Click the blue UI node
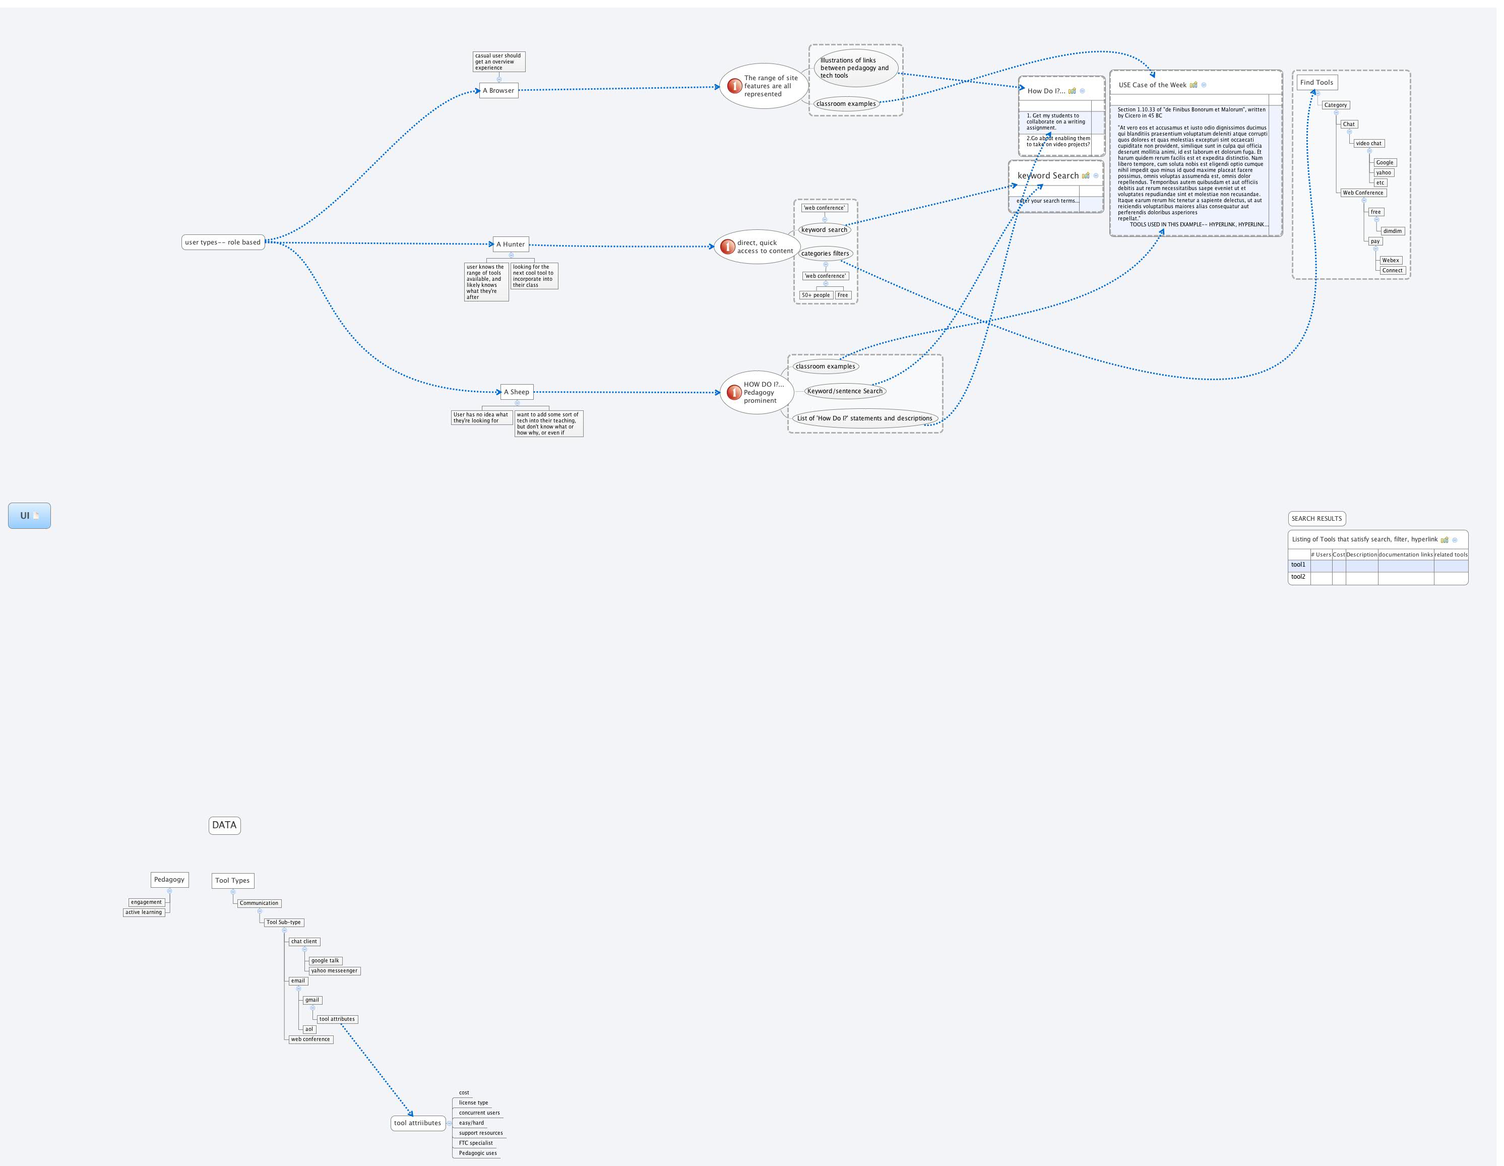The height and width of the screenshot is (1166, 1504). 29,516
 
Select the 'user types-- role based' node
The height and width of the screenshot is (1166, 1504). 223,242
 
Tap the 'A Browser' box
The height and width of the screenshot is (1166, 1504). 498,90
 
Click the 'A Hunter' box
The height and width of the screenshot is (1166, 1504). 511,244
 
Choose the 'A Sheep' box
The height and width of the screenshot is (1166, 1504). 517,392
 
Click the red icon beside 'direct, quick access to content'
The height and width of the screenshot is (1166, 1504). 727,247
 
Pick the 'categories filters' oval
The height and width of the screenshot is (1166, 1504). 825,254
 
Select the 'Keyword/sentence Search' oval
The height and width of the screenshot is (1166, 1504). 844,391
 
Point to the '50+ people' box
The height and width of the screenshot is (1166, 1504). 816,295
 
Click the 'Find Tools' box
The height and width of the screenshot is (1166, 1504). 1317,83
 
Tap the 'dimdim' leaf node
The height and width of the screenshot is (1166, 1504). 1393,231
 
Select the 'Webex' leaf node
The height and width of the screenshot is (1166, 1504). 1391,260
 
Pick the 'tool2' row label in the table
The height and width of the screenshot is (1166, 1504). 1298,577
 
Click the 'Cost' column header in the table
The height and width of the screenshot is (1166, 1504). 1339,555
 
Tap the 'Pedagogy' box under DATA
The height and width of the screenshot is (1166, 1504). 169,880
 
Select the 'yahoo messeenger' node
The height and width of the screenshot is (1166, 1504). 334,971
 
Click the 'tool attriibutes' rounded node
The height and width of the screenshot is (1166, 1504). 417,1123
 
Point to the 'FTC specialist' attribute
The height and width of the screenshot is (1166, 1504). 476,1143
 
